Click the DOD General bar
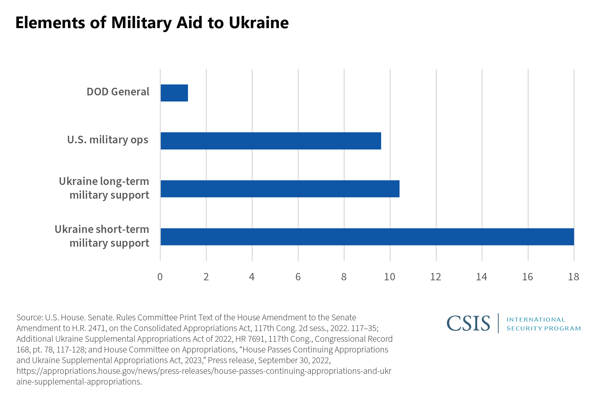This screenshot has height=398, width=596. [174, 93]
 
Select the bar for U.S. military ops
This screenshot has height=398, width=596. [271, 141]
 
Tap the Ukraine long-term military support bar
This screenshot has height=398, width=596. [280, 189]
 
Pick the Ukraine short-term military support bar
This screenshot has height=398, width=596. [367, 237]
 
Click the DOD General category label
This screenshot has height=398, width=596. [118, 92]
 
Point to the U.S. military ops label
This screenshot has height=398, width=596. [108, 140]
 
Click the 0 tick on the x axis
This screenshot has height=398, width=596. [160, 277]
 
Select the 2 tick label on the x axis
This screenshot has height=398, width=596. [206, 277]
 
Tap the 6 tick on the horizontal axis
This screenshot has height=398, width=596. [298, 277]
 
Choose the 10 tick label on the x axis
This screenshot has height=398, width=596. [390, 277]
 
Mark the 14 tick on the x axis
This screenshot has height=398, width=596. [482, 277]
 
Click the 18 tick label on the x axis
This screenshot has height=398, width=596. [574, 277]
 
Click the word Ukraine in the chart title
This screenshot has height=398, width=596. [259, 23]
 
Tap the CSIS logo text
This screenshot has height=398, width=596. [468, 323]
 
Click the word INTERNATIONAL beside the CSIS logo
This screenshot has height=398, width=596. [536, 320]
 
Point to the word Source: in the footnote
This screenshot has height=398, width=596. [30, 318]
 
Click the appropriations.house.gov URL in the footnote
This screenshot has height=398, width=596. [204, 371]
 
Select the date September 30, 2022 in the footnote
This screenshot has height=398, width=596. [294, 360]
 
